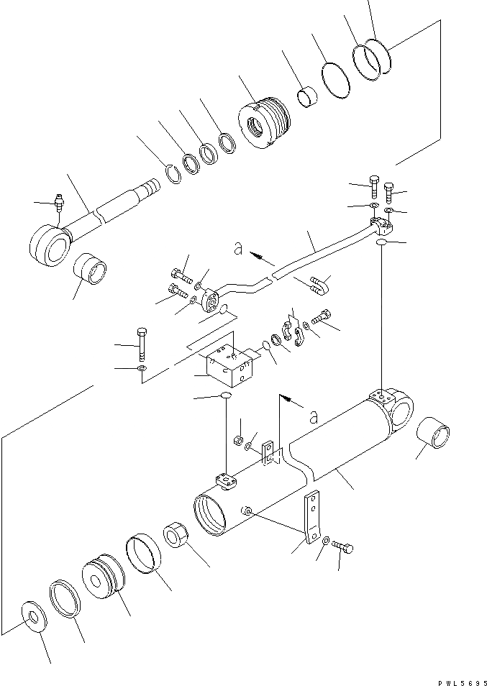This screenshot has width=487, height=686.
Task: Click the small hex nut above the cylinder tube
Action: point(239,439)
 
